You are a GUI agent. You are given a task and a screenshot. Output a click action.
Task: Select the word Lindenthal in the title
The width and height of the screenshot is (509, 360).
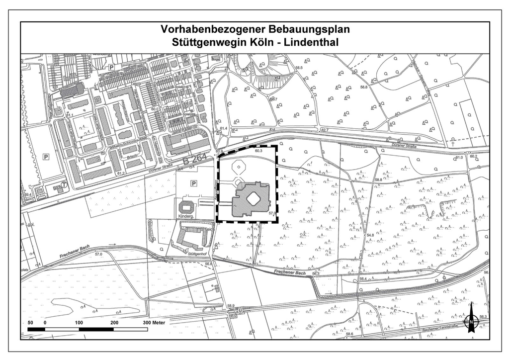click(x=311, y=42)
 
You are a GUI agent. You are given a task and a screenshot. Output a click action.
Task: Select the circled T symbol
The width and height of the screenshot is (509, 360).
click(x=64, y=184)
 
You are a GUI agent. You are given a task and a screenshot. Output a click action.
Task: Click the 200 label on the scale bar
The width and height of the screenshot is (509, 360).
click(x=115, y=322)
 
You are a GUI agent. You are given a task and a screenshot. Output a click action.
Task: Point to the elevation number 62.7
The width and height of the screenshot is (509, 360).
click(x=325, y=130)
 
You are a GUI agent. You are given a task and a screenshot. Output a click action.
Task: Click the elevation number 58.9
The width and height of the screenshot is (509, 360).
click(x=230, y=306)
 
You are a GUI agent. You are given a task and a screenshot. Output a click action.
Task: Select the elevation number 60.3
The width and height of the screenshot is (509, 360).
click(x=258, y=151)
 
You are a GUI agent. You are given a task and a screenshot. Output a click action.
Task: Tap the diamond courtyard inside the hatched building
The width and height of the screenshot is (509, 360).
click(x=253, y=199)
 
